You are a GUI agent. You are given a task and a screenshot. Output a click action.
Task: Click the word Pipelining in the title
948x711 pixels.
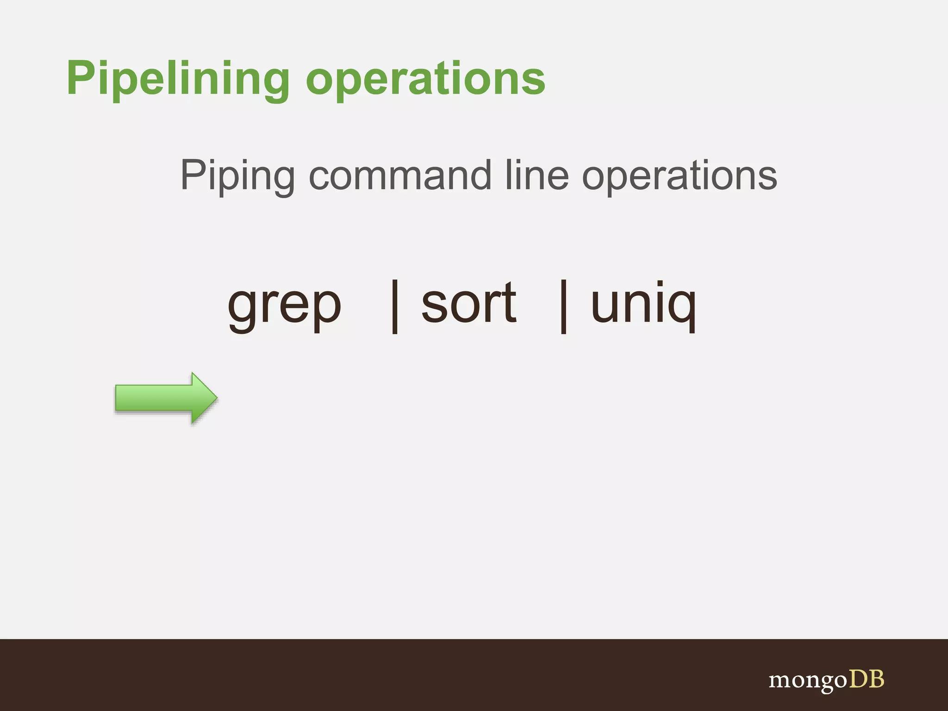click(178, 79)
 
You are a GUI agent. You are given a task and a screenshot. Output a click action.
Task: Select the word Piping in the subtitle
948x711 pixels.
click(237, 176)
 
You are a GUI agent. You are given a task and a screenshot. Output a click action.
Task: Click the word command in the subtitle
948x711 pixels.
click(399, 176)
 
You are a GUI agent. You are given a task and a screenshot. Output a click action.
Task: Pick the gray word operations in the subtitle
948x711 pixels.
click(680, 176)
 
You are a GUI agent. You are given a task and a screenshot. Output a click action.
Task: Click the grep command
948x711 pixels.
click(284, 306)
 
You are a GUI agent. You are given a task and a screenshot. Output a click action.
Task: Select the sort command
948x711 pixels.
click(468, 303)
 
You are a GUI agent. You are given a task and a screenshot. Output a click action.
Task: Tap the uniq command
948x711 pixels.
click(643, 306)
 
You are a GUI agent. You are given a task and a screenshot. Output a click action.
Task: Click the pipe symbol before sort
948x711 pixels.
click(395, 306)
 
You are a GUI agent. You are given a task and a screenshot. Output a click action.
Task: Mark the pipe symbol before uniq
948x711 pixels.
click(563, 306)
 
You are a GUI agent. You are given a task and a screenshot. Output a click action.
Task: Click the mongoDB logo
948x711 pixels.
click(826, 680)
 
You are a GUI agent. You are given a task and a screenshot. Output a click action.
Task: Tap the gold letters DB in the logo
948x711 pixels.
click(866, 679)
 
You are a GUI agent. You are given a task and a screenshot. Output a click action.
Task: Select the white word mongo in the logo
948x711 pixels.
click(808, 681)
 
